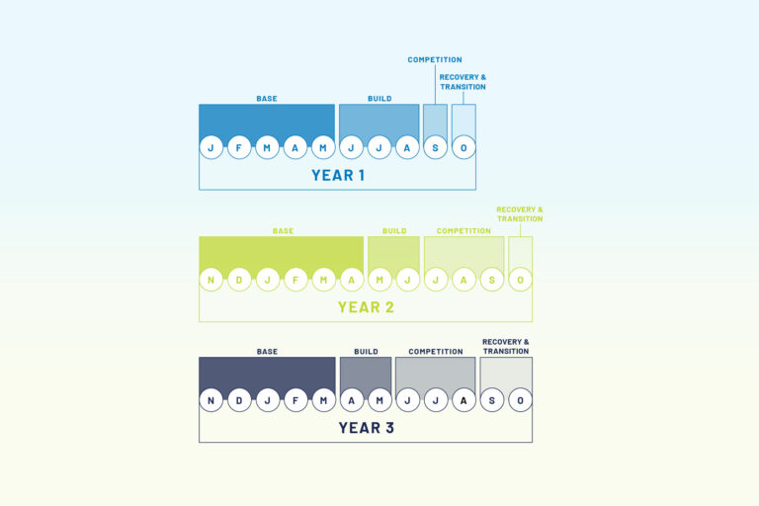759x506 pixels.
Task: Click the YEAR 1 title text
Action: pyautogui.click(x=338, y=175)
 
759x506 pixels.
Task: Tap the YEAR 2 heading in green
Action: pyautogui.click(x=366, y=307)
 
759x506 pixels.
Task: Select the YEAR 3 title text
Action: pyautogui.click(x=366, y=428)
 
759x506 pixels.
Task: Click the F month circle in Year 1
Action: pyautogui.click(x=239, y=147)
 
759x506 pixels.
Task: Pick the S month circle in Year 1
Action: pyautogui.click(x=435, y=147)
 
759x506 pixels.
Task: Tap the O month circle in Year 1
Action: pyautogui.click(x=464, y=147)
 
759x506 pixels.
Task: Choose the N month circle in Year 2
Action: pyautogui.click(x=211, y=280)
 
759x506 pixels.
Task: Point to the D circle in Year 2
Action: pyautogui.click(x=239, y=280)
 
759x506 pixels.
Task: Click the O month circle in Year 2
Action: pyautogui.click(x=521, y=280)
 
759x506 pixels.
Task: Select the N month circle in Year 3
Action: pyautogui.click(x=211, y=400)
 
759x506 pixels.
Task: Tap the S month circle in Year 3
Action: pyautogui.click(x=492, y=400)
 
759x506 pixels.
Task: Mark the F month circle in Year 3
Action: pyautogui.click(x=295, y=400)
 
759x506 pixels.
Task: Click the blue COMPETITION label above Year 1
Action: pyautogui.click(x=435, y=59)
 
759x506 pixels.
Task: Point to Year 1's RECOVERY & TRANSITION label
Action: pyautogui.click(x=463, y=82)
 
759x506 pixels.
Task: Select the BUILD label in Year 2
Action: pyautogui.click(x=394, y=231)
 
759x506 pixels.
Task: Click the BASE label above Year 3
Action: pyautogui.click(x=267, y=352)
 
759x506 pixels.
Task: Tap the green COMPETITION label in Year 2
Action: pyautogui.click(x=464, y=231)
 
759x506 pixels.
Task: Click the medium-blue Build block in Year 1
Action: pyautogui.click(x=379, y=123)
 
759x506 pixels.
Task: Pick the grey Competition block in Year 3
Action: pyautogui.click(x=435, y=376)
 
